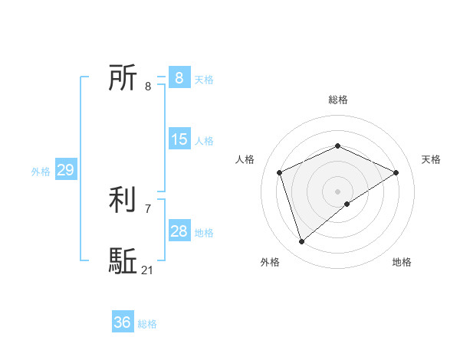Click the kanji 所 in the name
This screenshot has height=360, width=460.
tap(123, 78)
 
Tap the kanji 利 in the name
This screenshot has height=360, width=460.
tap(123, 200)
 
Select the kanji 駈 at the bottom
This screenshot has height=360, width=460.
tap(123, 261)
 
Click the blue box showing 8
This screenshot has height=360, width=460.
tap(179, 78)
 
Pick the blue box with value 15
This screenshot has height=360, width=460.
tap(179, 139)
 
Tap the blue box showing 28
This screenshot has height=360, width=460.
tap(179, 231)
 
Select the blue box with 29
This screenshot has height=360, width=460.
tap(65, 170)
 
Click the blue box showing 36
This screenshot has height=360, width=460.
tap(122, 322)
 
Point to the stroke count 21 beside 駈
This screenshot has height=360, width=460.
tap(148, 270)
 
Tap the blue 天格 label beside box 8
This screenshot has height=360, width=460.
tap(204, 80)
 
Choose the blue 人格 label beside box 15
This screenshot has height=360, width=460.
tap(204, 141)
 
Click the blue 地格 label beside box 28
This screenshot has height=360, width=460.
tap(204, 233)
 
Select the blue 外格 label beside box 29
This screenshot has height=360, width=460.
tap(41, 172)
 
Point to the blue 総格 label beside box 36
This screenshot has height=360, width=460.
tap(147, 324)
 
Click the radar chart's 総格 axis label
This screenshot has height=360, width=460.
tap(337, 100)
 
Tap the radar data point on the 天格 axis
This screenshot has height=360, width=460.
tap(396, 172)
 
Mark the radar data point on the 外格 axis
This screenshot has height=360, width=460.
tap(302, 242)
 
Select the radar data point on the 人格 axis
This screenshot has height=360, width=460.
tap(280, 172)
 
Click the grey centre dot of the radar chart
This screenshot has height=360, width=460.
tap(337, 191)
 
